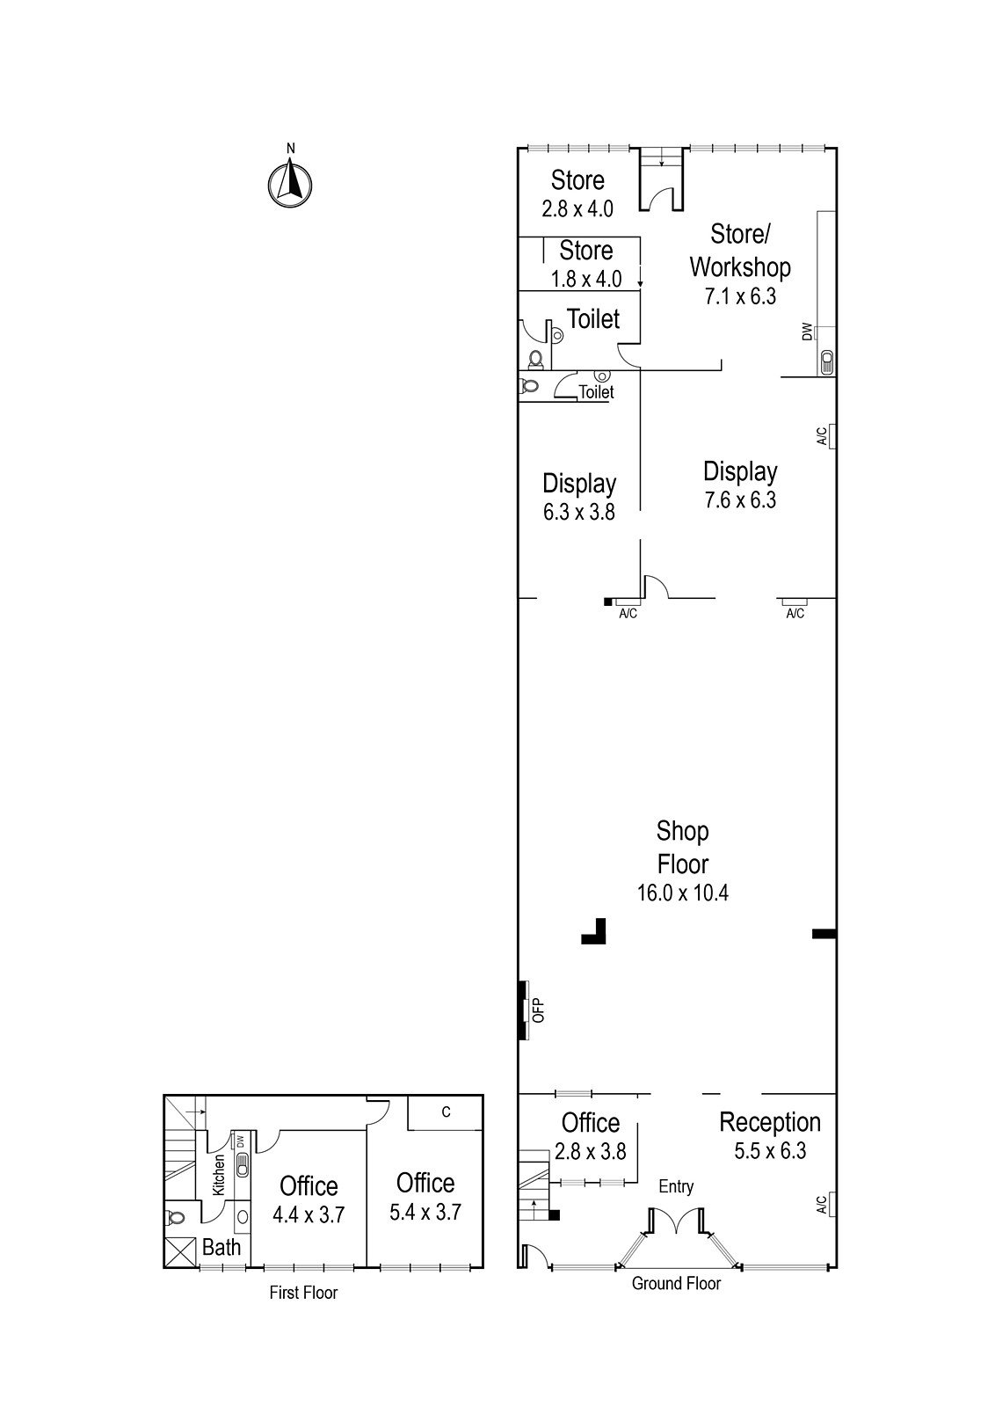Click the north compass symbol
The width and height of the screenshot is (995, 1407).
[290, 184]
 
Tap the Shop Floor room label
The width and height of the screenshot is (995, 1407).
[683, 847]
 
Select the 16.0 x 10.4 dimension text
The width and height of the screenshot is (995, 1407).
[683, 893]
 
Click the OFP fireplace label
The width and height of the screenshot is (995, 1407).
[539, 1010]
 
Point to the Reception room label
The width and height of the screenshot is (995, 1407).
[770, 1122]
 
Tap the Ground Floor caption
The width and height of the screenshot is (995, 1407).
[676, 1284]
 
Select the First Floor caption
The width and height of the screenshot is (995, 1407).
[302, 1293]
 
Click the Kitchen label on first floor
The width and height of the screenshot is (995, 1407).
[219, 1174]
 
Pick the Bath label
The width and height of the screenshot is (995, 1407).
[221, 1247]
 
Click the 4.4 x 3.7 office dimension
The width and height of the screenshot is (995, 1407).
[308, 1214]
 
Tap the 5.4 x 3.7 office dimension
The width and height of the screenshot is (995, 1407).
[425, 1211]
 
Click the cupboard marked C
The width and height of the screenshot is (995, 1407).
[446, 1112]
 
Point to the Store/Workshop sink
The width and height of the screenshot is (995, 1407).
[826, 361]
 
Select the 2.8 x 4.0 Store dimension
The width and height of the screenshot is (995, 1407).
[577, 209]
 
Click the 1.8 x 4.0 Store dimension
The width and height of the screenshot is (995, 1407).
[586, 279]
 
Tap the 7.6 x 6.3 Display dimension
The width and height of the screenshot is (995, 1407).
[740, 500]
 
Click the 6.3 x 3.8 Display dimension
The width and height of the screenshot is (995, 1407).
[578, 511]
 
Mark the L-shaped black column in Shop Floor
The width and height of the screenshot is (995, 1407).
[595, 932]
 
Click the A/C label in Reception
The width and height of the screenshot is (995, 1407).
[821, 1205]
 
